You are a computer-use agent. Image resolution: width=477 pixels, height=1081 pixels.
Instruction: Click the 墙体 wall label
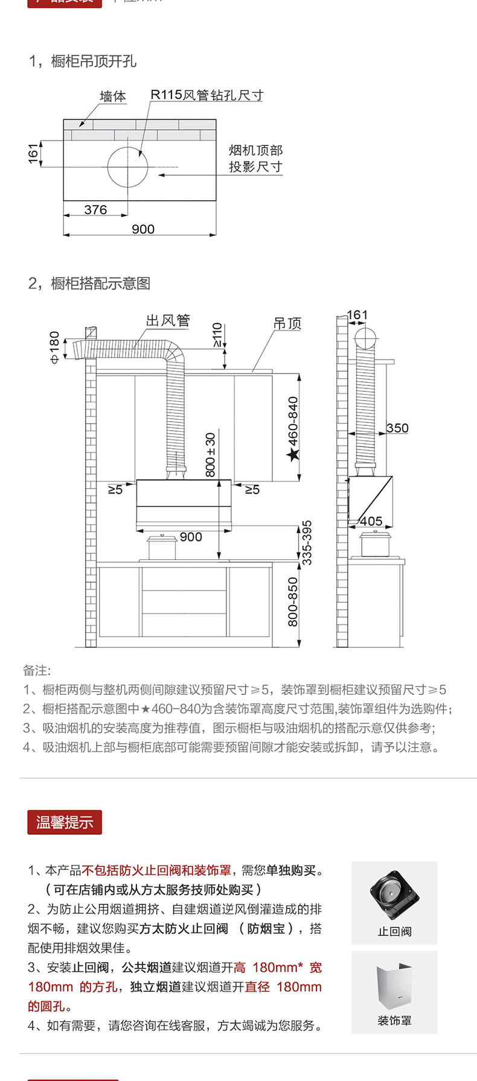tap(113, 97)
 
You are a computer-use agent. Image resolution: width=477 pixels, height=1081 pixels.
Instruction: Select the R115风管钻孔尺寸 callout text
tap(206, 95)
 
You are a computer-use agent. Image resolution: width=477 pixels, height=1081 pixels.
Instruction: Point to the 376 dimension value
tap(95, 210)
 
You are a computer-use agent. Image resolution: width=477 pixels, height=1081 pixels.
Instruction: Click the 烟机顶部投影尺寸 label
tap(255, 158)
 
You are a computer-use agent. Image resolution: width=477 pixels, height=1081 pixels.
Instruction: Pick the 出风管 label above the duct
tap(167, 320)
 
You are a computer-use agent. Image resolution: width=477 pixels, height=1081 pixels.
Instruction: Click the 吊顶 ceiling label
tap(287, 323)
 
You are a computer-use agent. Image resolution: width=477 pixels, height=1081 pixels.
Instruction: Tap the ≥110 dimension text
tap(217, 335)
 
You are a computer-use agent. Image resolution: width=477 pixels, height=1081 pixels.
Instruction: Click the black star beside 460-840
tap(293, 454)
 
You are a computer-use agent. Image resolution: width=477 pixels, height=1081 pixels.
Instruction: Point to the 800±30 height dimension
tap(210, 454)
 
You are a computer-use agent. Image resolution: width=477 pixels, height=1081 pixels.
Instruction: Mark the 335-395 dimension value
tap(307, 542)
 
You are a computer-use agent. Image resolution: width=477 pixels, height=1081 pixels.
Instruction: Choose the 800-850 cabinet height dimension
tap(293, 601)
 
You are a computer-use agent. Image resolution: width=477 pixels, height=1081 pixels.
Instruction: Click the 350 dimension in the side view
tap(397, 428)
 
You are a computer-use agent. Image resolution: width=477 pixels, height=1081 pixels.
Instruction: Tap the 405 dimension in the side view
tap(371, 521)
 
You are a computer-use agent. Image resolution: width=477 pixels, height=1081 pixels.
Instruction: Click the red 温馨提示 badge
tap(65, 822)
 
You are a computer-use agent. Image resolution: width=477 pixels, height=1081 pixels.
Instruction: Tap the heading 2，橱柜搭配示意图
tap(89, 284)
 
